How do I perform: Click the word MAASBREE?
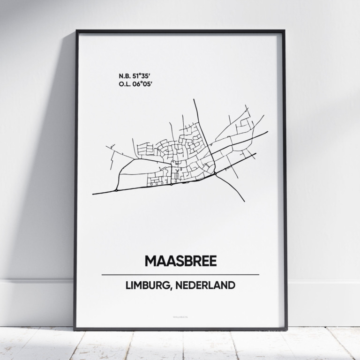coord(180,261)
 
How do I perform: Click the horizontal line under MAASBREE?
coord(180,275)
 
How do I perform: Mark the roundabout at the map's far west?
coord(116,190)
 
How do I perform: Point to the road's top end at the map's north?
coord(194,99)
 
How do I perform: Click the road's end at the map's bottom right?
coord(244,201)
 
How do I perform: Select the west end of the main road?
coord(93,194)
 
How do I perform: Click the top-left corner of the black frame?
coord(76,31)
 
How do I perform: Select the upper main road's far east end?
coord(268,132)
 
